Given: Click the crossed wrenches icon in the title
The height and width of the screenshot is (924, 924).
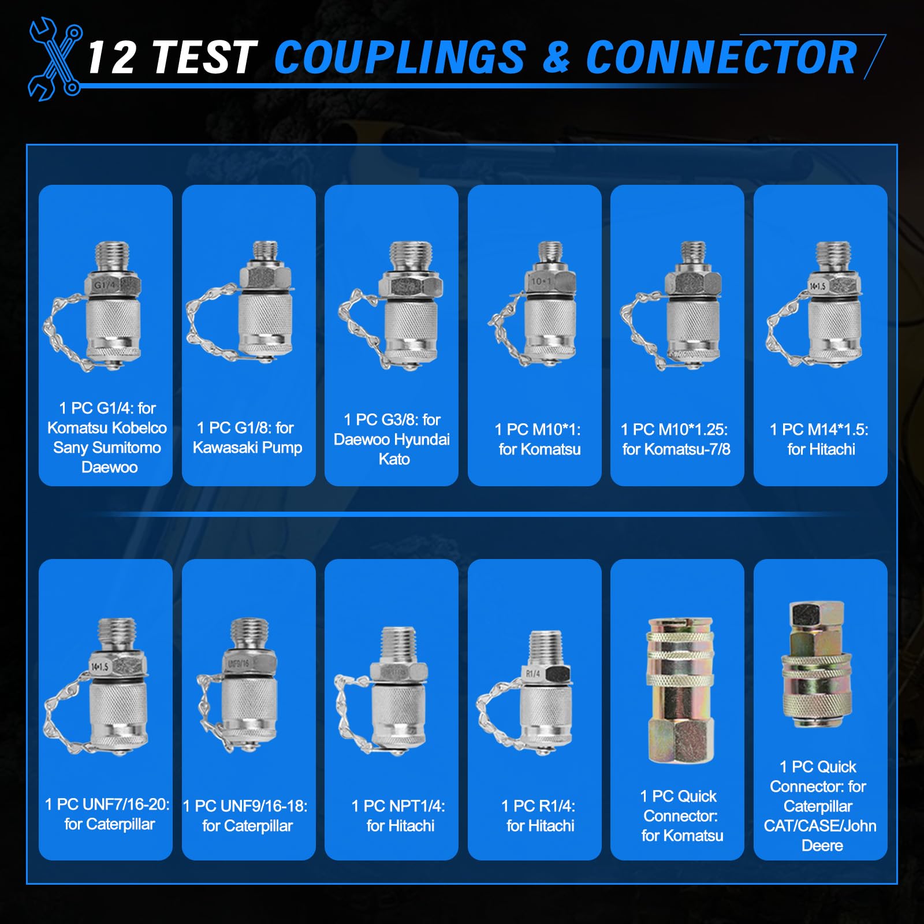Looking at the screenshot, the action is point(55,59).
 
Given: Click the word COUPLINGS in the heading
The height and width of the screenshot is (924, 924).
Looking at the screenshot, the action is point(400,58).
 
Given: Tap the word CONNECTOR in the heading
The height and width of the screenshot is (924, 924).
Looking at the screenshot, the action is point(721,58).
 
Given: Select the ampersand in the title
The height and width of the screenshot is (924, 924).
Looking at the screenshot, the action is point(556,58).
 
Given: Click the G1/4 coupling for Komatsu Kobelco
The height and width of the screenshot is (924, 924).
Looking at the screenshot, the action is point(98,306).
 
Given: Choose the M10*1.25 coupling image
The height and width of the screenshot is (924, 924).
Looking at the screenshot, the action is point(673,305).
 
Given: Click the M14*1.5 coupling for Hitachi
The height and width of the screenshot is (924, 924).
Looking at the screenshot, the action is point(815,303).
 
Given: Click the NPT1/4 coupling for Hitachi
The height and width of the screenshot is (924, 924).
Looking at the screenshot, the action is point(383,691).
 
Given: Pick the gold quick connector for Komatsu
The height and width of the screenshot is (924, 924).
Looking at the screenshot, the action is point(681,691).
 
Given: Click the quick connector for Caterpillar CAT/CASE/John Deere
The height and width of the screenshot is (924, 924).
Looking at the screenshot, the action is point(817,664).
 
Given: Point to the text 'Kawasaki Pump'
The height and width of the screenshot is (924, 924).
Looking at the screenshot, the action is point(247,448).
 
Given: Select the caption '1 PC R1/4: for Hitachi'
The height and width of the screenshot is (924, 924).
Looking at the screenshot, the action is point(539,815).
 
